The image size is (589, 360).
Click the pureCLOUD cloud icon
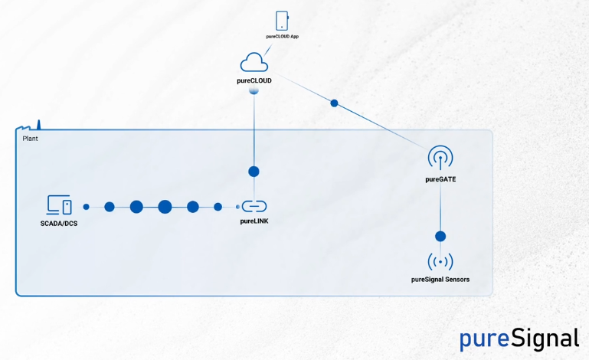[254, 62]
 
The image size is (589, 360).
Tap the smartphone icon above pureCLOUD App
[282, 21]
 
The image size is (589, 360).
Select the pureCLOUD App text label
[282, 36]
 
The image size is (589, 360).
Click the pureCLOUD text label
[254, 80]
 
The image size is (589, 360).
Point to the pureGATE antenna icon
[440, 158]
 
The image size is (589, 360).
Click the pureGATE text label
[440, 179]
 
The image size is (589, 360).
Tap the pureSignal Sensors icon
[440, 262]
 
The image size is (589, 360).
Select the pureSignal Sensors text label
[440, 280]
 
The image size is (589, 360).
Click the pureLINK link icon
[254, 206]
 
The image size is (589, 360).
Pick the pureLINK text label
[254, 221]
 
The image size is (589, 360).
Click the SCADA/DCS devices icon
[59, 205]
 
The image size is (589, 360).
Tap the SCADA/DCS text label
[59, 223]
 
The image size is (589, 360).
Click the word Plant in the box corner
[31, 139]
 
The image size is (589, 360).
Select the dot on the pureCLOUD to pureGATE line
[334, 103]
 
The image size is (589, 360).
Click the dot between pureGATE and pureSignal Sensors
[440, 237]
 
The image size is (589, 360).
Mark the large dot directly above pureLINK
[254, 172]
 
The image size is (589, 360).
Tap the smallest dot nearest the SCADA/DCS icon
[86, 207]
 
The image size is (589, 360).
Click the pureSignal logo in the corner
[519, 338]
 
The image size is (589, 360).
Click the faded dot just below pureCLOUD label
[254, 90]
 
